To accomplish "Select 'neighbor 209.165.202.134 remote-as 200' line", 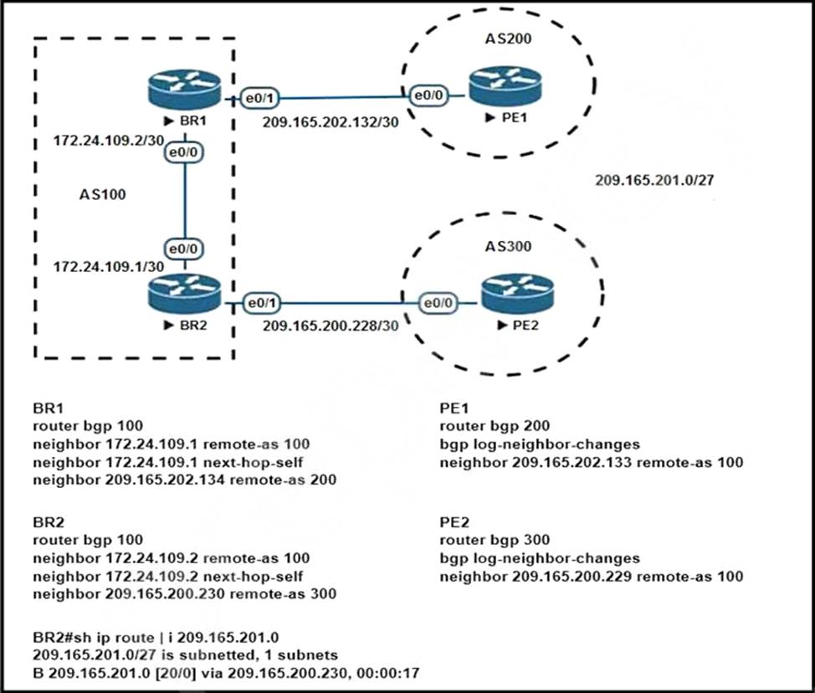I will (x=185, y=480).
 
